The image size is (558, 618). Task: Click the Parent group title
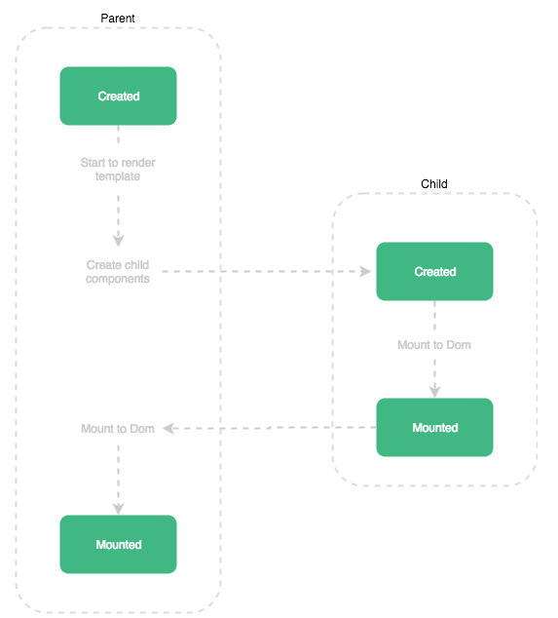coord(119,19)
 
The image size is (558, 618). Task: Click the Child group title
coord(434,184)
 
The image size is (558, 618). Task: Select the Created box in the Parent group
coord(119,97)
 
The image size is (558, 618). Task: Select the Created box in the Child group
coord(434,272)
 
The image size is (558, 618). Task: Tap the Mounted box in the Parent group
coord(119,545)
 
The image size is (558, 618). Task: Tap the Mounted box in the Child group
coord(434,428)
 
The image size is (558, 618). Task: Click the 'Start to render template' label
coord(118,170)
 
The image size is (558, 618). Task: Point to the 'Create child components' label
coord(118,272)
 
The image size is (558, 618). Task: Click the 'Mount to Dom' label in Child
coord(434,345)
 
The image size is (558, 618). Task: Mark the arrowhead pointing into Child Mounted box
coord(434,391)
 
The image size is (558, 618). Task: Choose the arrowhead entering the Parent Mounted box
coord(119,508)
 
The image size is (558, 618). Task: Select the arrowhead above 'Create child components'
coord(119,240)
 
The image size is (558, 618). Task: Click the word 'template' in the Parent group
coord(118,176)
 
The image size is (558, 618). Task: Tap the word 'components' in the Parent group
coord(118,279)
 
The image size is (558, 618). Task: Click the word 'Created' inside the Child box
coord(434,272)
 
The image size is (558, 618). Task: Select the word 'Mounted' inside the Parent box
coord(119,545)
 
